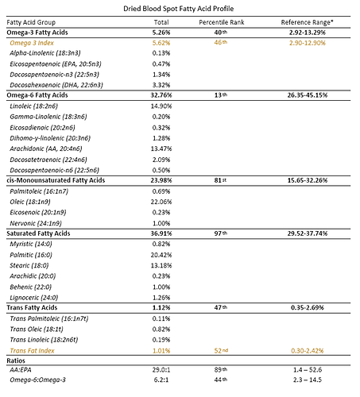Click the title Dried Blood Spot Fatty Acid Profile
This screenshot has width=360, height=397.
point(179,9)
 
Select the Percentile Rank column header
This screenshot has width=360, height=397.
point(222,22)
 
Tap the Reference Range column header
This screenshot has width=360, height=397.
point(307,22)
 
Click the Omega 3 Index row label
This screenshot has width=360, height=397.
point(32,43)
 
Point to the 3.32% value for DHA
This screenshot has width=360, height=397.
point(161,85)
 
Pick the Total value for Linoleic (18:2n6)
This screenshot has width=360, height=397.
point(161,106)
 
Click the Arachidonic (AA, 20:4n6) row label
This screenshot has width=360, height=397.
point(46,148)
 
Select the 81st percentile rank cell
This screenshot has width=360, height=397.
point(220,180)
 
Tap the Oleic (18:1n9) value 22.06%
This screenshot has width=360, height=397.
point(161,202)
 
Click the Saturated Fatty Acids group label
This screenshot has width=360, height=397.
point(38,233)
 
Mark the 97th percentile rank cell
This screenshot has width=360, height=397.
point(221,233)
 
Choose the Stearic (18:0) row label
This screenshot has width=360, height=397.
point(29,265)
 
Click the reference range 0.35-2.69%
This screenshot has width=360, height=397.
point(308,307)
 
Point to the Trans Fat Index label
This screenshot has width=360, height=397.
point(32,351)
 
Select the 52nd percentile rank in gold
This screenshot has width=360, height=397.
point(221,351)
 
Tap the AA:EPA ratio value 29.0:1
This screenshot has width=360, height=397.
point(161,370)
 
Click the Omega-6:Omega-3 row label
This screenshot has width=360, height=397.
point(37,380)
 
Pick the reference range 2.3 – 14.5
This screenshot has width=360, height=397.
point(308,380)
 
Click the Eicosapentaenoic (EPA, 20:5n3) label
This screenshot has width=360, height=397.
point(56,64)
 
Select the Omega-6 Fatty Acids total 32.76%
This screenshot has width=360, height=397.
point(161,95)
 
